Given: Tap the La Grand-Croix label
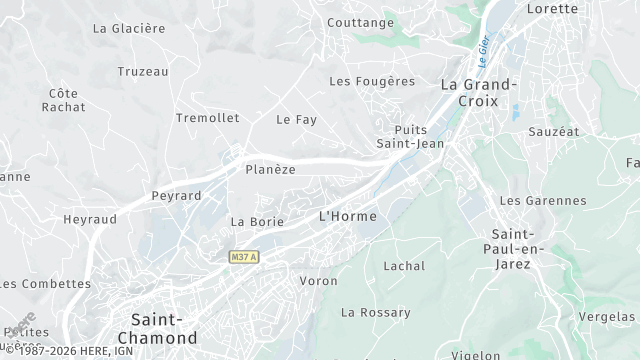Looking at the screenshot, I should (478, 92).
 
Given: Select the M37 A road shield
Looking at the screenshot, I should (243, 257).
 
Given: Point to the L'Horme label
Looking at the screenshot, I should (347, 216).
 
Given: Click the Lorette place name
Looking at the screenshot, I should (551, 9).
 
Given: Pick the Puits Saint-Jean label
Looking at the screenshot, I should (410, 136).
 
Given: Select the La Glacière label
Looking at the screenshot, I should (128, 29).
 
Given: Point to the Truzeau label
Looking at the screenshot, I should (143, 72).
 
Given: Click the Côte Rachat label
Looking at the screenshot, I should (63, 101).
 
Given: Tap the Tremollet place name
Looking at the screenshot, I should (207, 118).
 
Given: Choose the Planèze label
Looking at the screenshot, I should (270, 170).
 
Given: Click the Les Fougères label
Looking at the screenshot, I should (372, 81).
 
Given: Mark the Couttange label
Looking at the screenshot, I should (361, 22).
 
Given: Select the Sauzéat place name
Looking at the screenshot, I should (582, 131).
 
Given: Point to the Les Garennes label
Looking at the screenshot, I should (542, 201).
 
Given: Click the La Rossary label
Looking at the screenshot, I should (375, 313).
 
